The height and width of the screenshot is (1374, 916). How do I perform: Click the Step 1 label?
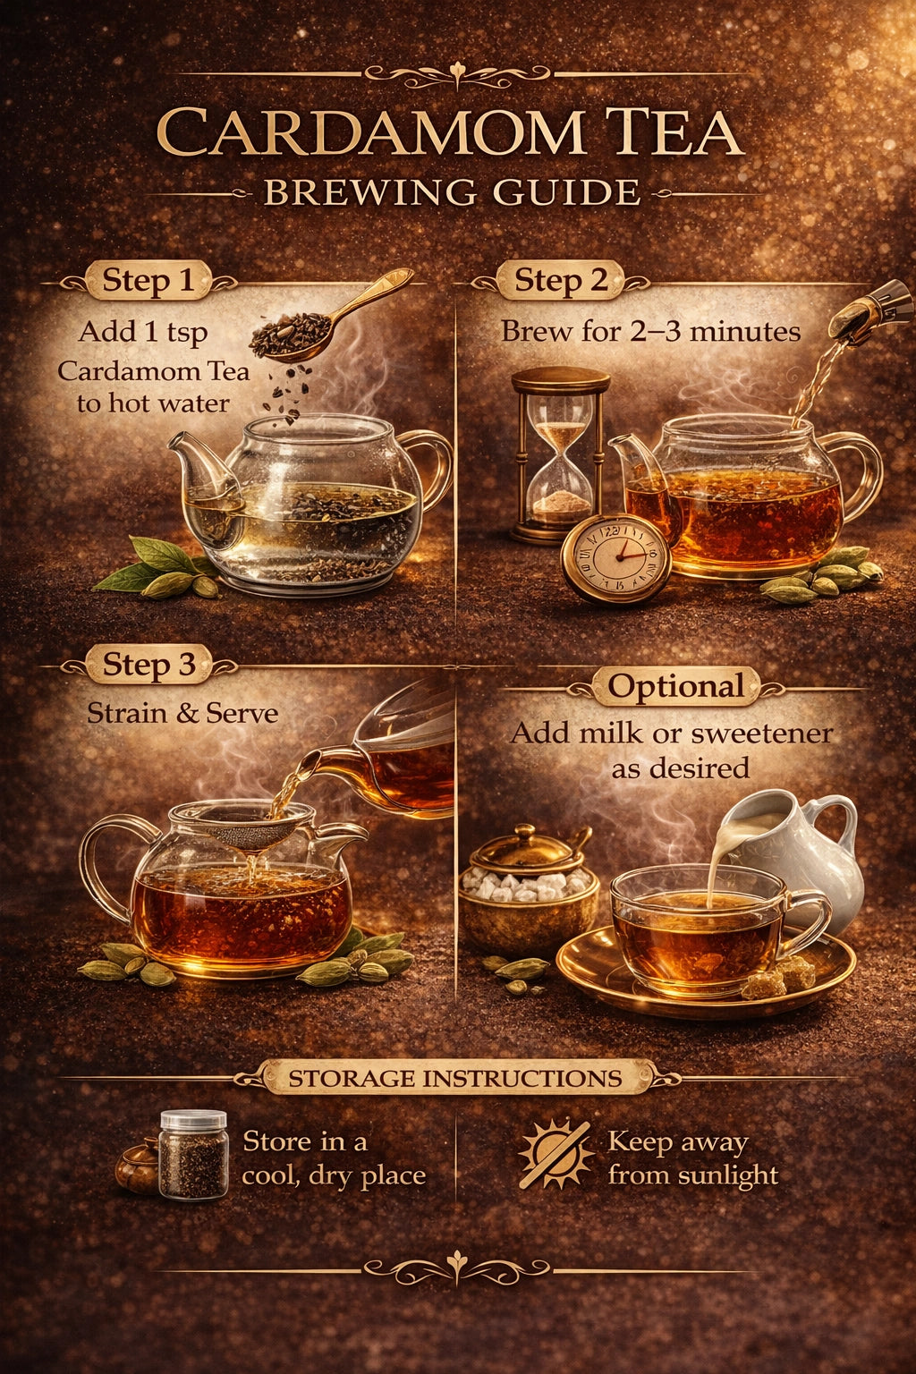pos(148,280)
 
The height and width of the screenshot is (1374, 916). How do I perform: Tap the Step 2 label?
pos(560,281)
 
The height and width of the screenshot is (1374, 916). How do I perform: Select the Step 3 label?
pos(148,665)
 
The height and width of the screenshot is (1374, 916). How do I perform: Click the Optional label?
pos(675,686)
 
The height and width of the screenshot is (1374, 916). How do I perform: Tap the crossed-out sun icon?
pos(556,1155)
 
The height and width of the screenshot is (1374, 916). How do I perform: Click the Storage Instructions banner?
pos(455,1078)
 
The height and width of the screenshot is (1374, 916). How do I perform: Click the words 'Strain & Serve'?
pos(182,713)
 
